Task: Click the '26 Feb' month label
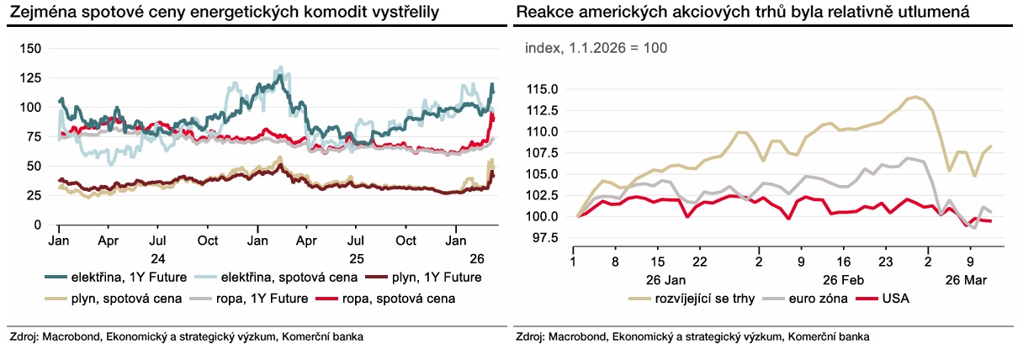click(842, 278)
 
